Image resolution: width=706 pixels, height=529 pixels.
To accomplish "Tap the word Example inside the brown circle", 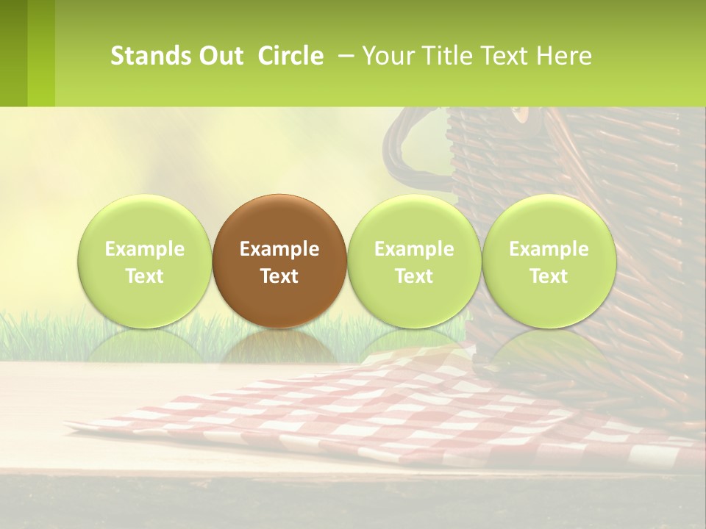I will pyautogui.click(x=279, y=249).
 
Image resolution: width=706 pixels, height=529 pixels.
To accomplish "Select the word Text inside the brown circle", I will pyautogui.click(x=279, y=276).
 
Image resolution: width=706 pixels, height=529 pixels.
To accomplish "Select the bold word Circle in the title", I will pyautogui.click(x=290, y=56).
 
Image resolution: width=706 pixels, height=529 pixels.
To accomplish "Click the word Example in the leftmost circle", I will pyautogui.click(x=144, y=249).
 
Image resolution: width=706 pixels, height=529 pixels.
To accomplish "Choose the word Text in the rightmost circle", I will pyautogui.click(x=549, y=276).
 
